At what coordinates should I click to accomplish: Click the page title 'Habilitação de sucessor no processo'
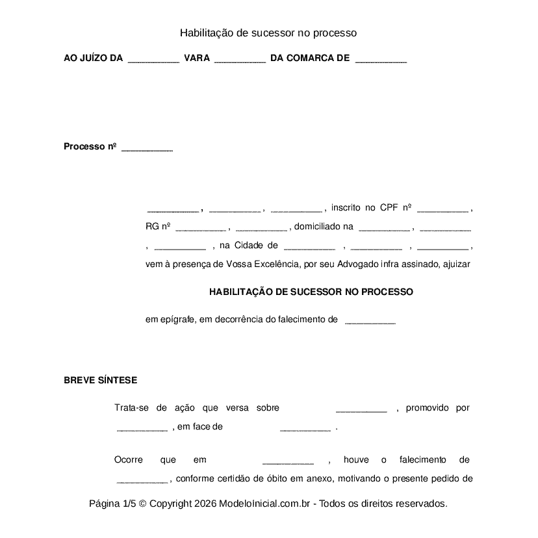pos(268,32)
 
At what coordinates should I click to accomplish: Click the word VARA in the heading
pos(197,58)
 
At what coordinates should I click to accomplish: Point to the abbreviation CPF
pos(389,208)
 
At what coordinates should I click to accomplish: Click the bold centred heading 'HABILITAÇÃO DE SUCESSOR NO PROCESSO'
pos(311,292)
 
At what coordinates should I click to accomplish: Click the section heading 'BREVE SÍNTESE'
pos(100,381)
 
